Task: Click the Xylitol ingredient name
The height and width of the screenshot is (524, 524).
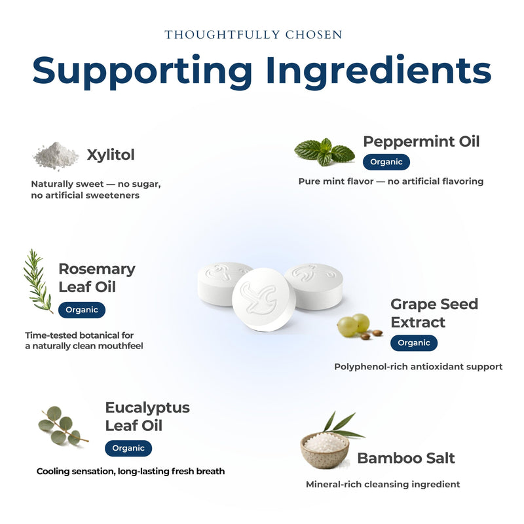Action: pos(111,155)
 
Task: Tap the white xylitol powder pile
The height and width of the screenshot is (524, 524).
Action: pos(56,156)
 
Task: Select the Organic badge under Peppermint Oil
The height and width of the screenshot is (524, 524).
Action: pos(386,162)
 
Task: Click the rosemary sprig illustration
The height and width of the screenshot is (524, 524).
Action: pos(37,281)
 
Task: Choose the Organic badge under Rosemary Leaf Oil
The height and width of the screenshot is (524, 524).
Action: pos(82,310)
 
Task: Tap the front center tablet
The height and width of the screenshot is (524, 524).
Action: pos(264,299)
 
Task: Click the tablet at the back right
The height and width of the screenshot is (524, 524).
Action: pos(314,286)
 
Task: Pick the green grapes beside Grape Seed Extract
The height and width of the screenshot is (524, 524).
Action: pos(354,325)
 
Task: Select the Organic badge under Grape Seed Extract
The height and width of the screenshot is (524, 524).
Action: pos(414,343)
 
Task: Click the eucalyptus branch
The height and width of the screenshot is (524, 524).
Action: pos(62,426)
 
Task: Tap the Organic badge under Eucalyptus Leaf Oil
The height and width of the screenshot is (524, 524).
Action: pos(128,448)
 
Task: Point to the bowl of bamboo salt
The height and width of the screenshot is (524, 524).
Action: pos(325,450)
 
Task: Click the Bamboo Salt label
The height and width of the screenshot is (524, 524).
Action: pos(406,458)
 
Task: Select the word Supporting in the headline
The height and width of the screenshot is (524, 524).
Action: pos(142,72)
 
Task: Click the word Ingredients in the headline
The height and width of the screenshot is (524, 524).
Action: pos(379,71)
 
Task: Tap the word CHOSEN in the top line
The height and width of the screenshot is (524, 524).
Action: pos(314,35)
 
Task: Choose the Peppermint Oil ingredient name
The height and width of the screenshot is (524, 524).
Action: pos(421,141)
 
